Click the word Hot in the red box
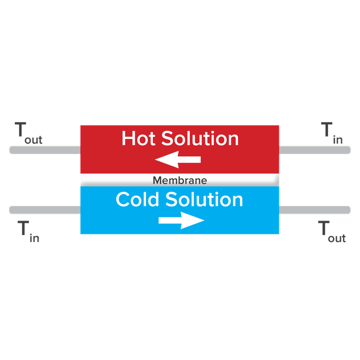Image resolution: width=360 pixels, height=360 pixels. [138, 138]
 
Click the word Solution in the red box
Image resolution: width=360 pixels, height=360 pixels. [200, 138]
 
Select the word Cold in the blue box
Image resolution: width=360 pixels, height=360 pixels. [137, 199]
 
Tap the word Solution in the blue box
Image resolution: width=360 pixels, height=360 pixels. [204, 199]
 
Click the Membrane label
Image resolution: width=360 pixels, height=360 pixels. [180, 181]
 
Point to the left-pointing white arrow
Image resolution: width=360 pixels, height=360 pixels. [178, 159]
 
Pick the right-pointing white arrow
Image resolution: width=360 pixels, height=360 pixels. [182, 221]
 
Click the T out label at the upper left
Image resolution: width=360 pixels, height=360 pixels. [28, 133]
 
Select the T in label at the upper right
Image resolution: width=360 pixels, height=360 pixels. [332, 133]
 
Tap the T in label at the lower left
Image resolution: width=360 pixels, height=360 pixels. [28, 231]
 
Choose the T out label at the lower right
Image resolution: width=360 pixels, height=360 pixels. [332, 231]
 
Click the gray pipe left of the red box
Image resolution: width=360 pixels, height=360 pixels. [45, 150]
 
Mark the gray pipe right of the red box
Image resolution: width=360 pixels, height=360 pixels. [315, 150]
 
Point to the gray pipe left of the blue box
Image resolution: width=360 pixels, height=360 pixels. [45, 210]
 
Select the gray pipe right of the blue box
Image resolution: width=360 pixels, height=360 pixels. [315, 210]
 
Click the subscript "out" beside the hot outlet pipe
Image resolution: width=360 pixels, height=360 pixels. [34, 140]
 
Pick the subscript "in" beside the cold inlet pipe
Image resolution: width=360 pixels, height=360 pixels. [34, 238]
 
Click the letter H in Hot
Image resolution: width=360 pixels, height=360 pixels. [128, 138]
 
